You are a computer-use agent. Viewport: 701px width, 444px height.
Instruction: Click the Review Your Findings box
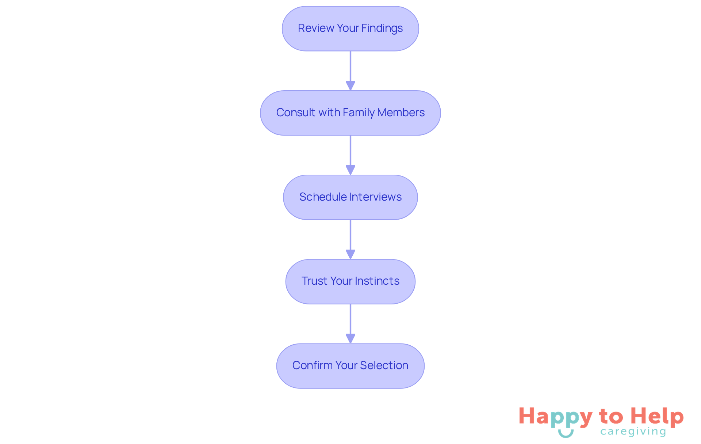[x=350, y=29]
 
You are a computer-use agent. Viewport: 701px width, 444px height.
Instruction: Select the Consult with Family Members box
[x=350, y=113]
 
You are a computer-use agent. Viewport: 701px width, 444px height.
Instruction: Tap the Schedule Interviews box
[x=350, y=197]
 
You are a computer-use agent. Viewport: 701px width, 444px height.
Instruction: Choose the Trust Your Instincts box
[x=350, y=282]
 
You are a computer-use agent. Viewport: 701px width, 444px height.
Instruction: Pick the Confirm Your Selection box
[x=350, y=366]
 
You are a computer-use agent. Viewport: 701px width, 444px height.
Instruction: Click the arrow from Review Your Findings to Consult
[x=350, y=71]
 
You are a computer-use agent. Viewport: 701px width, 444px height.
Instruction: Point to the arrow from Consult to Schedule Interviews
[x=350, y=155]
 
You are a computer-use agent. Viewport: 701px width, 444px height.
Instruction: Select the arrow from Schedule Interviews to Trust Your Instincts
[x=350, y=239]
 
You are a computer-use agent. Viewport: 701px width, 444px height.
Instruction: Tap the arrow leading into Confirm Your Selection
[x=350, y=324]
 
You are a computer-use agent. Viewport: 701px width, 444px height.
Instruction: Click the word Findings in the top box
[x=382, y=29]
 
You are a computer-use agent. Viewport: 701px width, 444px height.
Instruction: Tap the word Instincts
[x=377, y=281]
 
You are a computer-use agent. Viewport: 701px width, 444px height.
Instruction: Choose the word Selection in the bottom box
[x=384, y=365]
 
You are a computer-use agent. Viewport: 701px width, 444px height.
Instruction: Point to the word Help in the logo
[x=657, y=417]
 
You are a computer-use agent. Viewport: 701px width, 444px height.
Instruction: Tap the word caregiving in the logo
[x=633, y=432]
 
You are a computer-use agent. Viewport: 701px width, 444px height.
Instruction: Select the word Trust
[x=314, y=281]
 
